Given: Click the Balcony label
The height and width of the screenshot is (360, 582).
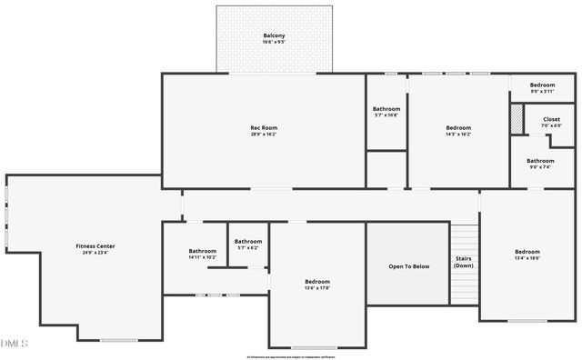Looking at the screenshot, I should click(274, 35).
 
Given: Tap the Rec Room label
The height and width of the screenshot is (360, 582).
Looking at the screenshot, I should click(264, 127).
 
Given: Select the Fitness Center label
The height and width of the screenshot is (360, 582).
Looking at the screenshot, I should click(95, 245).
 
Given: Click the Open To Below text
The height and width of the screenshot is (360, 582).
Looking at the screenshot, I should click(408, 266).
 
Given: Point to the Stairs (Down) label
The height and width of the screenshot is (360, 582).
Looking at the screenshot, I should click(464, 262).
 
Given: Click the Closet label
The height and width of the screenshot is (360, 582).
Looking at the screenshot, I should click(551, 119).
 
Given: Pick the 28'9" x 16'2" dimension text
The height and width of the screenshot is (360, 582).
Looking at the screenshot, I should click(264, 135).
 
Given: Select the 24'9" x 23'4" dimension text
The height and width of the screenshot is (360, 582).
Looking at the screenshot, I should click(95, 253).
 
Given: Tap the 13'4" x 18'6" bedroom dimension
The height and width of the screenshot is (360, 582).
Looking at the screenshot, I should click(527, 259).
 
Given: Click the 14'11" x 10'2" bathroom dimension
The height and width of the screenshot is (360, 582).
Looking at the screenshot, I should click(203, 257).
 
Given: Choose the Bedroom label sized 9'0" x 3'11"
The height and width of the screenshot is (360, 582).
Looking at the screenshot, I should click(542, 85).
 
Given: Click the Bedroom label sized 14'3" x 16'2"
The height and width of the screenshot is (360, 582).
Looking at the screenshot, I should click(458, 127).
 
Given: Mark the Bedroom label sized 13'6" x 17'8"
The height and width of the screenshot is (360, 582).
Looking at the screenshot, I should click(317, 281).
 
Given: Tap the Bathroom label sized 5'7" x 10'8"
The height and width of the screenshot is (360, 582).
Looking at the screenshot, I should click(386, 109).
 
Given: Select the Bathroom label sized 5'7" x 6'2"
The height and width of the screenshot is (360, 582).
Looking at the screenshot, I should click(247, 241).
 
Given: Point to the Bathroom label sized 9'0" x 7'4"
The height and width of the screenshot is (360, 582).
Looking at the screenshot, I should click(540, 160).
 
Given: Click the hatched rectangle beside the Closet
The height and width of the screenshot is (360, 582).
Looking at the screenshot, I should click(517, 119).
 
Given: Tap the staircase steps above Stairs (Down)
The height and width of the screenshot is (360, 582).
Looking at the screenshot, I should click(464, 240).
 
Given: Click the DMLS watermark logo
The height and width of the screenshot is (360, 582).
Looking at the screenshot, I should click(15, 344).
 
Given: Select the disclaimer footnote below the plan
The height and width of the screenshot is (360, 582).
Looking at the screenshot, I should click(291, 356).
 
